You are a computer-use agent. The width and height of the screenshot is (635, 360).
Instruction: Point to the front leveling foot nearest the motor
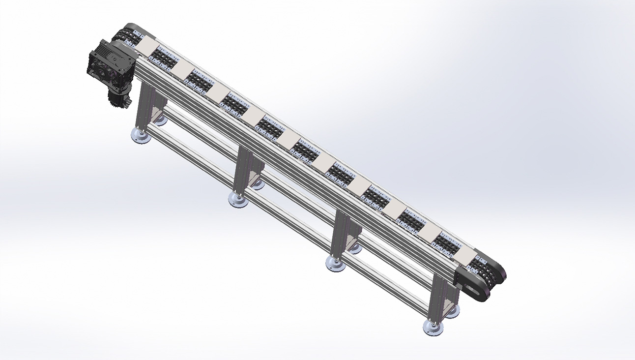(x=140, y=136)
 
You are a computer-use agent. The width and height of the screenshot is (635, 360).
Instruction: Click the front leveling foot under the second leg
(x=238, y=199)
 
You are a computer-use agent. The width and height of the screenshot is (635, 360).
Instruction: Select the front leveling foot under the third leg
(x=336, y=263)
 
